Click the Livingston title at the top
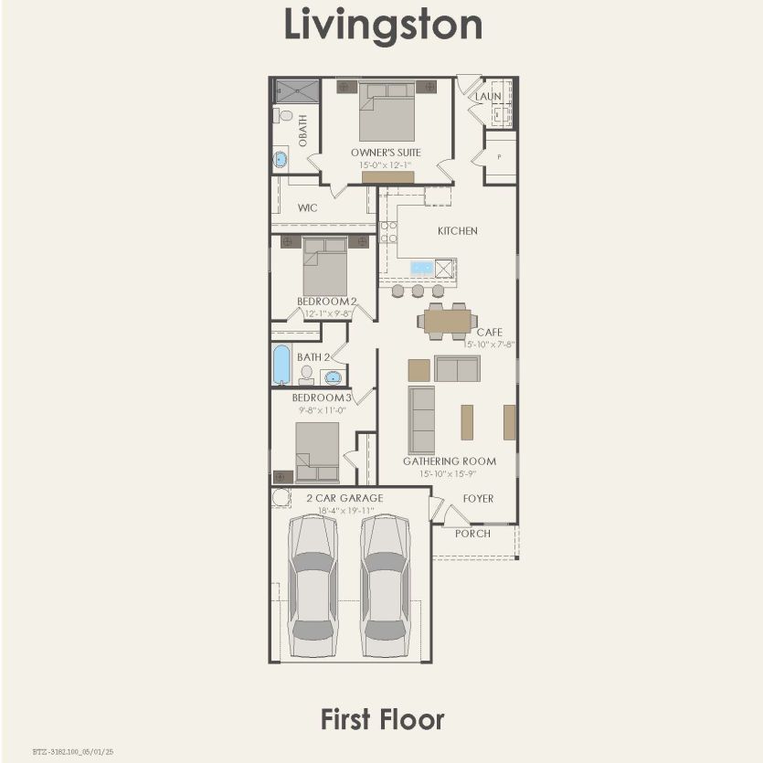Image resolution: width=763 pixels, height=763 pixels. [383, 25]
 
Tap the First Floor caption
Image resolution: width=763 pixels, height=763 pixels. [382, 719]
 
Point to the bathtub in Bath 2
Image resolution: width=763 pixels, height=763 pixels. [281, 365]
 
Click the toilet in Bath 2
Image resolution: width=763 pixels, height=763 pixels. [307, 375]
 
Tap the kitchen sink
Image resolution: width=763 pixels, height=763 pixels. [422, 268]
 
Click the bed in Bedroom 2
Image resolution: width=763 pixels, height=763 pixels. [324, 266]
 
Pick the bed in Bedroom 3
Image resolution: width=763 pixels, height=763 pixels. [317, 451]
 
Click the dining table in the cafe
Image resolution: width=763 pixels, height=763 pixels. [447, 321]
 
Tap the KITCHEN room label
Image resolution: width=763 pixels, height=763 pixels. [457, 231]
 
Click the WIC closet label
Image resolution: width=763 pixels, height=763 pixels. [307, 208]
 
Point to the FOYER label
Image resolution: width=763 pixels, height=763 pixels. [478, 499]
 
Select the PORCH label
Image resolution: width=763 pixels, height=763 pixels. [472, 534]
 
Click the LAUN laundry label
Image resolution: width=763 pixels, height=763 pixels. [487, 96]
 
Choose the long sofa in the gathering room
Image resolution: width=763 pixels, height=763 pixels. [421, 419]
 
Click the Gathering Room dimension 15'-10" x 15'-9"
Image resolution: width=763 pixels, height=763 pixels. [448, 473]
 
